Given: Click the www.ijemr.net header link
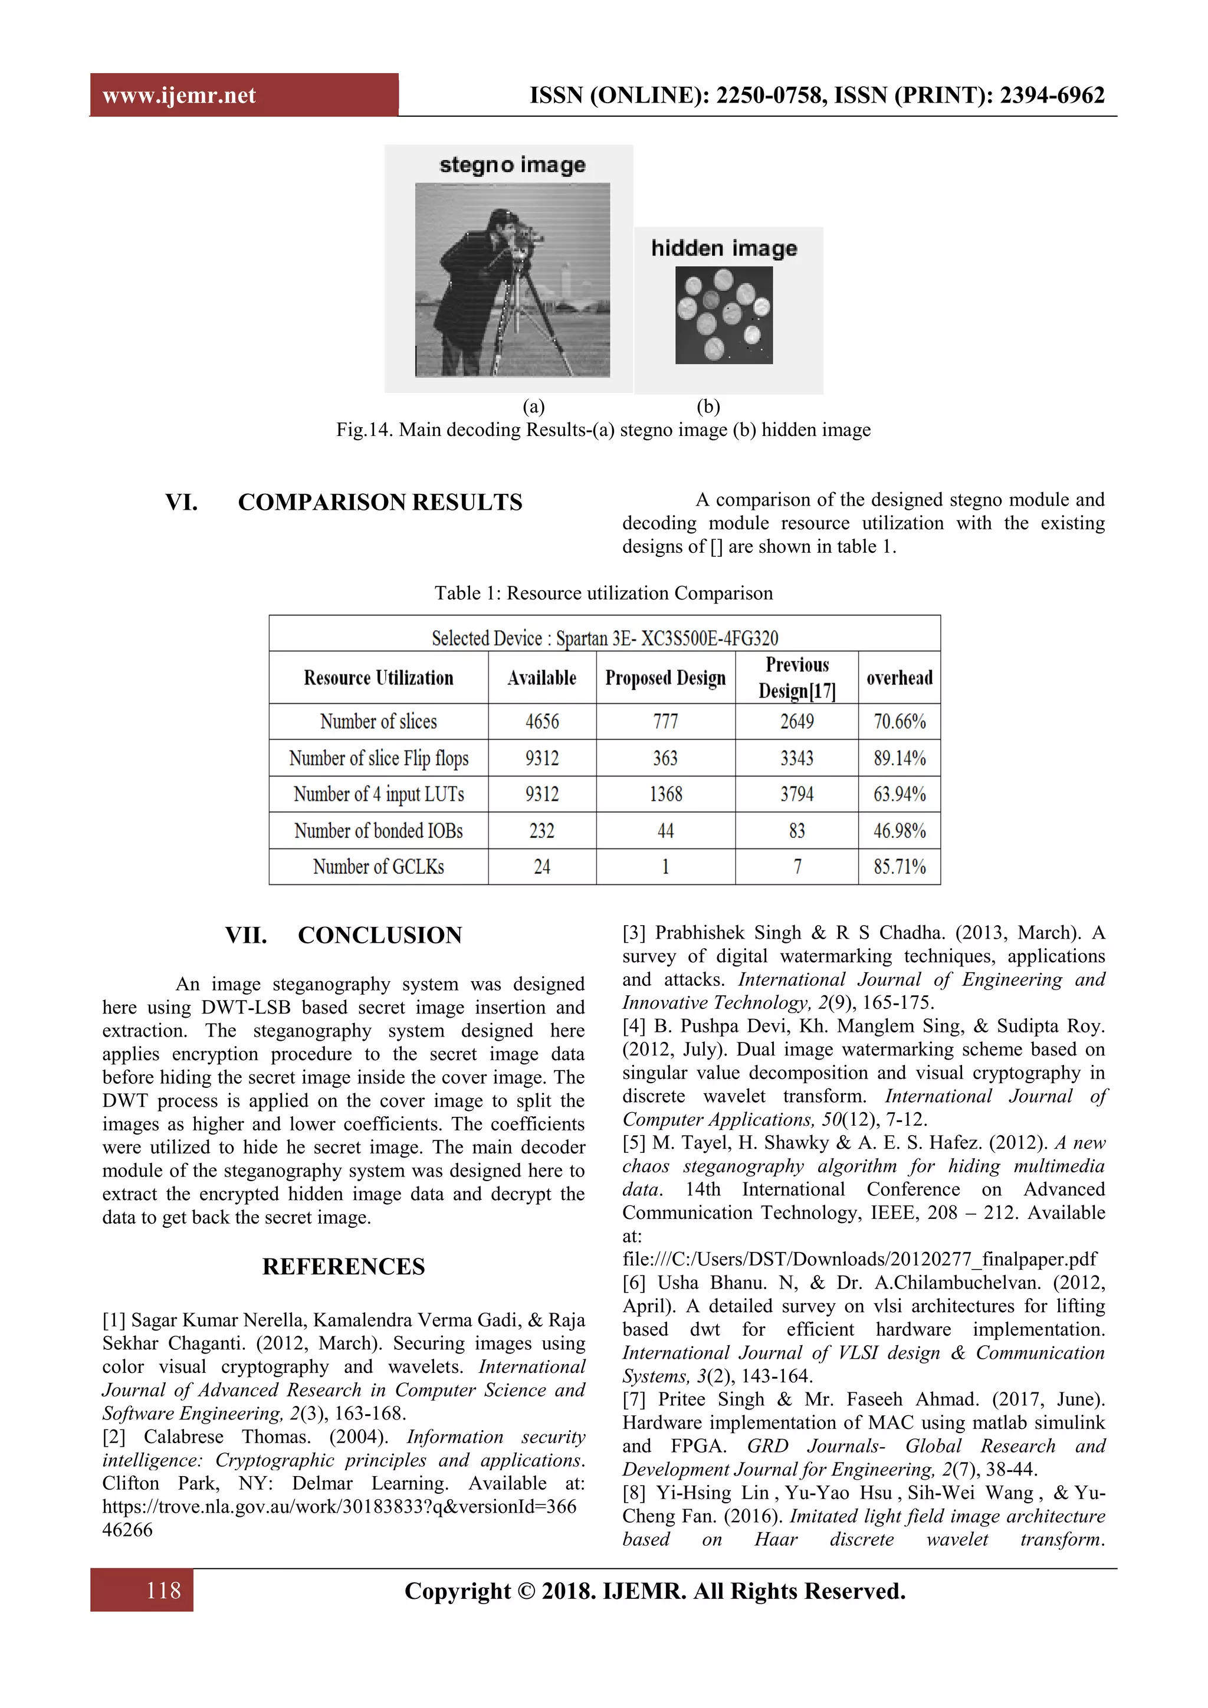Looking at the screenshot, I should [x=179, y=95].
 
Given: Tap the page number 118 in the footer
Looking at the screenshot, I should [x=163, y=1591].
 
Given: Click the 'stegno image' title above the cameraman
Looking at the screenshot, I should [x=512, y=165].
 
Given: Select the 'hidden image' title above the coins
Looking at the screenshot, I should [x=724, y=248].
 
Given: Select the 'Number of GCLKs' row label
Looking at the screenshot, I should [x=378, y=867].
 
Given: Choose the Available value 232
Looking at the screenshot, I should [x=541, y=831].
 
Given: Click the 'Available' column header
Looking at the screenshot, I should [x=541, y=678].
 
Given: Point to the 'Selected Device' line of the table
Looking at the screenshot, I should [x=604, y=638].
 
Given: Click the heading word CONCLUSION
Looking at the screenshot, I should [x=379, y=935].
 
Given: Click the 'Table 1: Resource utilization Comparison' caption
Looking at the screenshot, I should [x=603, y=593].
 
